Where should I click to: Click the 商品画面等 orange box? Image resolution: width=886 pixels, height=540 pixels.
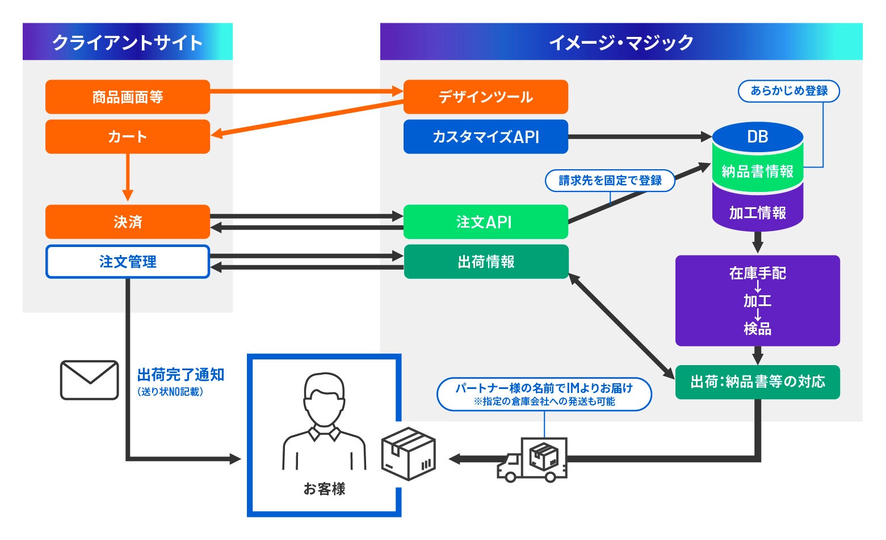click(x=128, y=97)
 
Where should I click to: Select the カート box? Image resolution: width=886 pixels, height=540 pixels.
click(x=128, y=137)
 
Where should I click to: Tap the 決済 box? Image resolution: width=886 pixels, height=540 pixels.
click(x=128, y=222)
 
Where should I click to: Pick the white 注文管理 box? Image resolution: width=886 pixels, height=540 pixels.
click(x=128, y=262)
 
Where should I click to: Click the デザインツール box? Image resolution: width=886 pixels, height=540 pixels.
click(x=486, y=97)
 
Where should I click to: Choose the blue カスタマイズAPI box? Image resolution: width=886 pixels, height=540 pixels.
click(x=486, y=137)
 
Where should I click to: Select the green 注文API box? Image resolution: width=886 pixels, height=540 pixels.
click(x=486, y=222)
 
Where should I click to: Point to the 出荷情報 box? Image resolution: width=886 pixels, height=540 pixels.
click(x=486, y=262)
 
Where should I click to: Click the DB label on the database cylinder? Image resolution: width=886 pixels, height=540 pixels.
click(x=758, y=137)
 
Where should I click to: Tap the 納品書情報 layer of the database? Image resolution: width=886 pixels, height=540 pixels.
click(x=758, y=171)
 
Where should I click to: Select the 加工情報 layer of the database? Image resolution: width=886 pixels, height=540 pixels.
click(x=758, y=213)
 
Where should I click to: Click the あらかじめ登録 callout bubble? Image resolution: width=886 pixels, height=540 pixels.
click(x=789, y=91)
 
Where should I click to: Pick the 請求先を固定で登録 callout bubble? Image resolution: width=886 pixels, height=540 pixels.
click(x=610, y=181)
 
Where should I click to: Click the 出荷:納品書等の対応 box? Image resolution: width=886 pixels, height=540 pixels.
click(x=758, y=382)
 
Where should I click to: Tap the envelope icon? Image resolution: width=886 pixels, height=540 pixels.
click(x=90, y=380)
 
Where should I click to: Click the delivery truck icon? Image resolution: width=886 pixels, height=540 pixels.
click(x=532, y=459)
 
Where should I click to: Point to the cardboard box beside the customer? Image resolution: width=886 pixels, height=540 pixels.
click(x=409, y=453)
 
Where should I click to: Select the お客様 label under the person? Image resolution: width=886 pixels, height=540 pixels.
click(x=324, y=489)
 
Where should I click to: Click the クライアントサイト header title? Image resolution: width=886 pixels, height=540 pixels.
click(x=128, y=43)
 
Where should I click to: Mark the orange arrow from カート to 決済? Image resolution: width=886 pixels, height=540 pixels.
click(x=128, y=177)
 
